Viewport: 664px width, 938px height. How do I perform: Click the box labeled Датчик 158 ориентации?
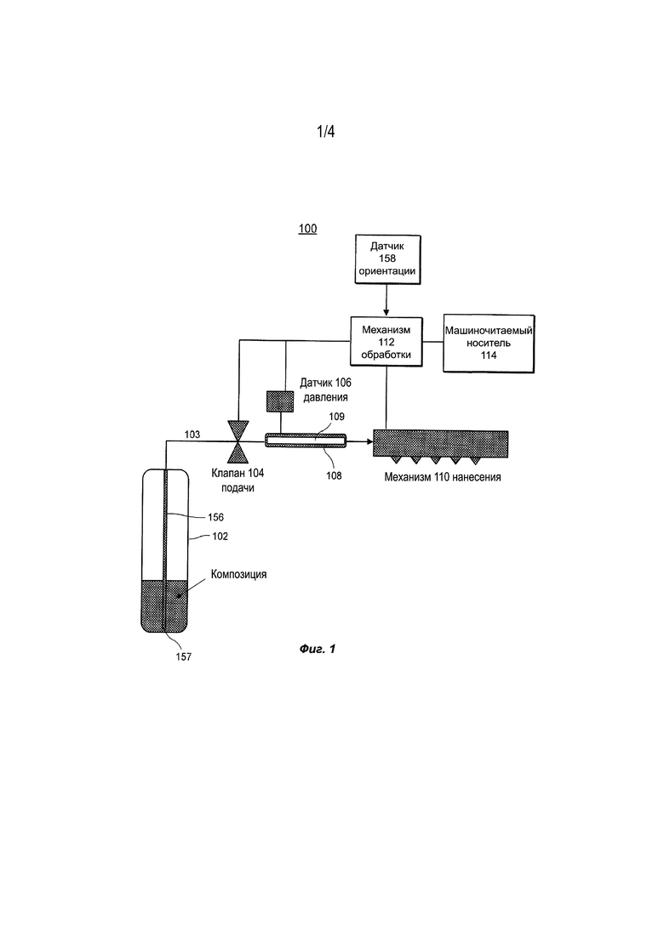coord(387,259)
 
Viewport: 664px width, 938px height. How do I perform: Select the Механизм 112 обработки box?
coord(386,342)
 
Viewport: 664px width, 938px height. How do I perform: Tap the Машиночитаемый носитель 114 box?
coord(489,344)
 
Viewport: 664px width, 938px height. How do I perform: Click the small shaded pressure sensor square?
coord(279,401)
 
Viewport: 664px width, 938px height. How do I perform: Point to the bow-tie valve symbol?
coord(238,441)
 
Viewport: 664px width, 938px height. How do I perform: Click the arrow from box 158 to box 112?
coord(386,301)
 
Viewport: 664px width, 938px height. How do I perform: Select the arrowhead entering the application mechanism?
coord(369,442)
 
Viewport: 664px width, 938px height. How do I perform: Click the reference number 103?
coord(192,435)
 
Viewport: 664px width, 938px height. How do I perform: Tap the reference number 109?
coord(336,417)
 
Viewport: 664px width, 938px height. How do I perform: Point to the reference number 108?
coord(334,475)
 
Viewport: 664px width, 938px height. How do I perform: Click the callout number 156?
coord(215,517)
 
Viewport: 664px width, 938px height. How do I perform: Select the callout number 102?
coord(220,537)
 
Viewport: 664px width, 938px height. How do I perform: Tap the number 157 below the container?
coord(183,657)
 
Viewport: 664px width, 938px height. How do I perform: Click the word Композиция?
coord(238,574)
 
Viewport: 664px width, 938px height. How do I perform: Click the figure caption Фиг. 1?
coord(318,649)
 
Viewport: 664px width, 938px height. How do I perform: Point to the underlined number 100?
coord(308,229)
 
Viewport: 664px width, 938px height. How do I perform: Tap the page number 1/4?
coord(326,131)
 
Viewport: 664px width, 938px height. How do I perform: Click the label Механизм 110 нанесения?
coord(443,477)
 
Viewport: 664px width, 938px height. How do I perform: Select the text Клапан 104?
coord(238,473)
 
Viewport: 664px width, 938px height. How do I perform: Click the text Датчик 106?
coord(325,383)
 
